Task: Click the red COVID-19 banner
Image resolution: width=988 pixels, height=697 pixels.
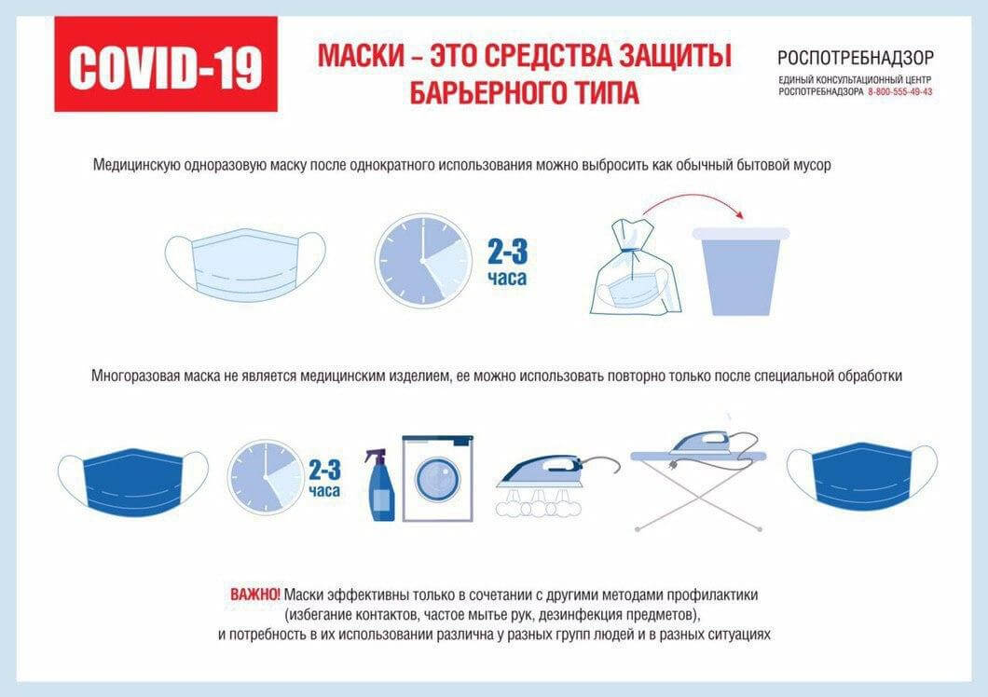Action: (x=165, y=64)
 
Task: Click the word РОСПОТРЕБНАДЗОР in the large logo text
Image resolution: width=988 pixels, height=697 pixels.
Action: (x=855, y=58)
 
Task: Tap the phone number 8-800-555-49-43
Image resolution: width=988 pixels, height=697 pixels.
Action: (x=899, y=92)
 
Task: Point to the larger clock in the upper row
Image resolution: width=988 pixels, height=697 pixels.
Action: (x=423, y=261)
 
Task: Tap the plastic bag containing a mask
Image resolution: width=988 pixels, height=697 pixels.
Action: (x=634, y=270)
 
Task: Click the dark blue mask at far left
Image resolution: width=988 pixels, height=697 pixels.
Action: (x=132, y=480)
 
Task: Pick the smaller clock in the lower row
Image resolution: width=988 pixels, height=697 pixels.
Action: (x=266, y=476)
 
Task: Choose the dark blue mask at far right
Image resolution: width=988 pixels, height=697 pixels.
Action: (x=861, y=476)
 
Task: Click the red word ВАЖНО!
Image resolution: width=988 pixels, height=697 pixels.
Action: (x=254, y=594)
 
